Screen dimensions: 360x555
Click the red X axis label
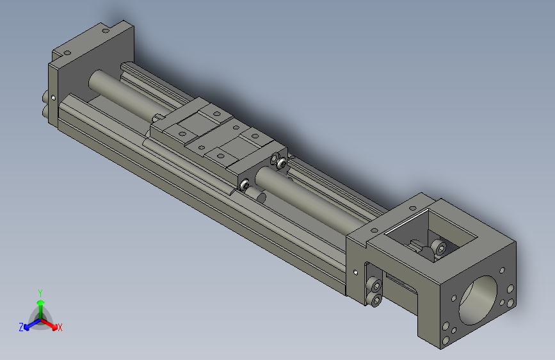(x=60, y=327)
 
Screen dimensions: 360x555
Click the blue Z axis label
(x=21, y=327)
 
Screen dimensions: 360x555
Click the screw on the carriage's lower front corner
(x=244, y=184)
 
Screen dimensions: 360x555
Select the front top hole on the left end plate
(x=65, y=53)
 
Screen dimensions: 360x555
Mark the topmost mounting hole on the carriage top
(x=216, y=113)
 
